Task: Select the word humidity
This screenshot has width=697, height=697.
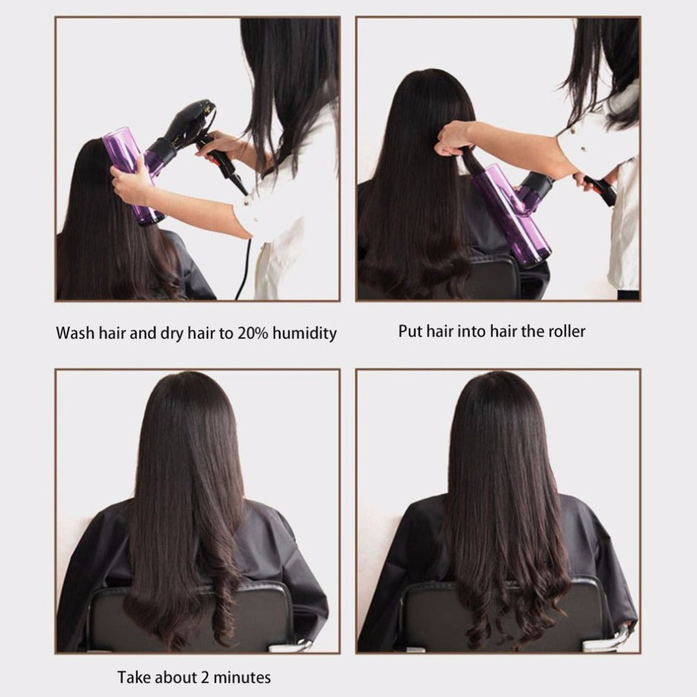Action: click(x=304, y=332)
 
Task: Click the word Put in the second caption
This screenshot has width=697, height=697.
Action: click(x=410, y=330)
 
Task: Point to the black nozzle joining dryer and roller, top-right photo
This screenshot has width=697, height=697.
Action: click(x=535, y=187)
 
